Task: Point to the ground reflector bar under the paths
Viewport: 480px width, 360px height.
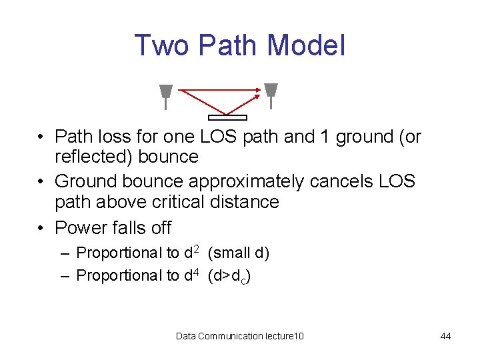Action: [227, 118]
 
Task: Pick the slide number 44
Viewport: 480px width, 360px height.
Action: [445, 336]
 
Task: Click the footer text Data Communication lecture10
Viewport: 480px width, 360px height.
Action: [240, 336]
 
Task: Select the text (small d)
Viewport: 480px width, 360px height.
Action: [239, 253]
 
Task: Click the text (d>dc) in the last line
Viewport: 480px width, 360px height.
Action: [229, 275]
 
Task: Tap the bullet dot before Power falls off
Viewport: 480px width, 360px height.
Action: [42, 228]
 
